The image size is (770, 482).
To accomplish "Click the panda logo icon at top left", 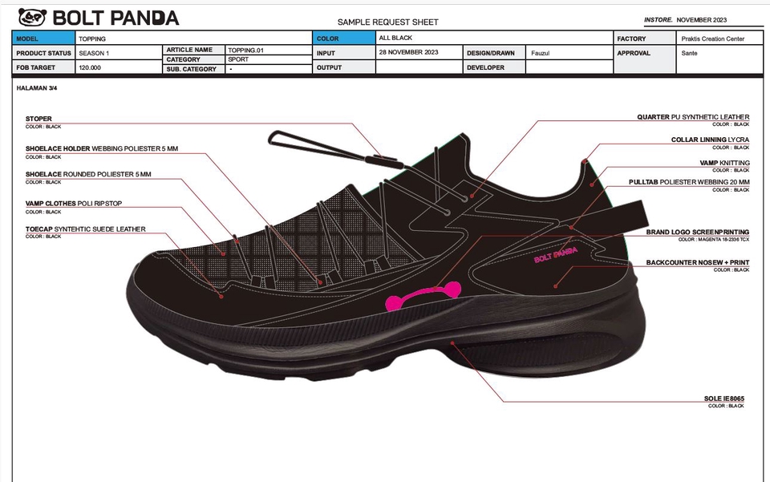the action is tap(33, 18).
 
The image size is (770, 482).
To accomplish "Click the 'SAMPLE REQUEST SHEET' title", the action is tap(388, 22).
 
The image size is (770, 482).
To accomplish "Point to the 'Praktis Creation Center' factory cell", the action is tap(712, 38).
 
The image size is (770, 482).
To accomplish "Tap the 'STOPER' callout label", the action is tap(38, 119).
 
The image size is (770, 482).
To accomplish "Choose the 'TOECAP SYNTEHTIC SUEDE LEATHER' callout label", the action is tap(86, 229).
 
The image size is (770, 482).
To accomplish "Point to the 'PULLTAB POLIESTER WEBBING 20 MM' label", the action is tap(689, 183).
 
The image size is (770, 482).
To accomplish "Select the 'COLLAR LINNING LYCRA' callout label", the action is tap(710, 140).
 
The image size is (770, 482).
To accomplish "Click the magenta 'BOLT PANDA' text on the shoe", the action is tap(555, 255).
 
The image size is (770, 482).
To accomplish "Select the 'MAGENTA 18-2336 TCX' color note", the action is tap(713, 240).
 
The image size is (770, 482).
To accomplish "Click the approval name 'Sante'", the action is tap(689, 53).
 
